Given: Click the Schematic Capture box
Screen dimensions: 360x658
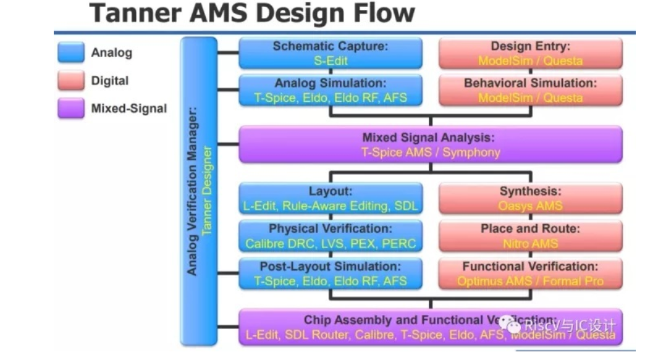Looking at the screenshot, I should (330, 53).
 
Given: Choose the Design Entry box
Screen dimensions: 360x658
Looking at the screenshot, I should (530, 53).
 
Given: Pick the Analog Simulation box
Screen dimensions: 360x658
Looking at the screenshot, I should (330, 90).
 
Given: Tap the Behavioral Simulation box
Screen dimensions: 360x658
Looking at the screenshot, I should (530, 90).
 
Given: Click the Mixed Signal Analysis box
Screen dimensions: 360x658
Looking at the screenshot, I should (430, 144).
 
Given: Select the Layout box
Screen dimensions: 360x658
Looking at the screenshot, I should (330, 198).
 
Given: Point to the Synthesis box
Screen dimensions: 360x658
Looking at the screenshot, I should (530, 198).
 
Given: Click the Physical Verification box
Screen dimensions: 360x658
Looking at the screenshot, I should (330, 236).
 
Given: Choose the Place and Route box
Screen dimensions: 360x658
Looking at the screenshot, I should (530, 236).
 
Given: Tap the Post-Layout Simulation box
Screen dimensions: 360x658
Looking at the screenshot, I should (330, 274).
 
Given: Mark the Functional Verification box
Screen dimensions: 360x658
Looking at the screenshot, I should (530, 274).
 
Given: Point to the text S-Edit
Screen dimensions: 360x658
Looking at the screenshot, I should (330, 61).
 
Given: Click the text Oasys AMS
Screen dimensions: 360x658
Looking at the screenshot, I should (530, 206).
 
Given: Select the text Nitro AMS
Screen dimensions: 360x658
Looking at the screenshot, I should (530, 244).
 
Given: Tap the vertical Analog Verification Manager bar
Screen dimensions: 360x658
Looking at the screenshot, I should (198, 191).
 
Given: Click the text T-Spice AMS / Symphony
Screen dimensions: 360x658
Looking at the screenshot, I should (430, 152).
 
